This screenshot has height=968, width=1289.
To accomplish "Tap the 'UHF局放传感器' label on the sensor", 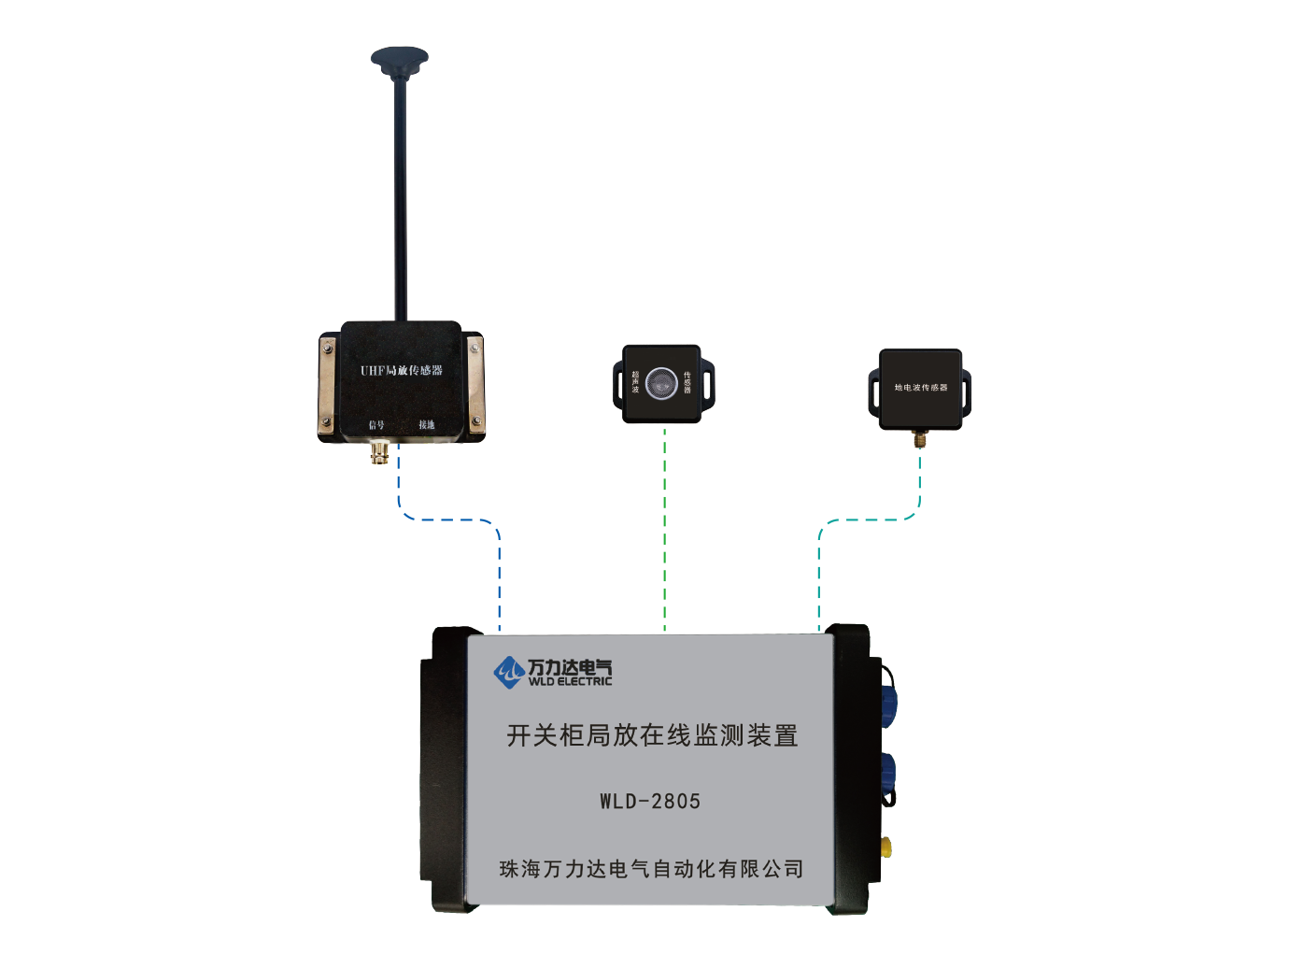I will tap(402, 371).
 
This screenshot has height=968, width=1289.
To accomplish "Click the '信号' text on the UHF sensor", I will tap(376, 425).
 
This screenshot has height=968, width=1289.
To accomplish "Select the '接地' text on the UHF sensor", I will tap(427, 425).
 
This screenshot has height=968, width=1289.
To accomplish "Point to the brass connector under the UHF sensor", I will tap(381, 453).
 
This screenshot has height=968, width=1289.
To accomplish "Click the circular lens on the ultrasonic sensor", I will tap(662, 381).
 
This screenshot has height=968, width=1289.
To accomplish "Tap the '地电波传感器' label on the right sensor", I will tap(920, 388).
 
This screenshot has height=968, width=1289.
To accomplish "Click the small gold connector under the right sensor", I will tap(919, 438).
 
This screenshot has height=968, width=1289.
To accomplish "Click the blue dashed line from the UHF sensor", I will tap(448, 520).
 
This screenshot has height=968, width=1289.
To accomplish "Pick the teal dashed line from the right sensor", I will tap(869, 520).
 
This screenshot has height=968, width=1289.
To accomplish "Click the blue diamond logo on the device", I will tap(508, 672).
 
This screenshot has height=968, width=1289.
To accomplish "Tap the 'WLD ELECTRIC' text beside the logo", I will tap(570, 681).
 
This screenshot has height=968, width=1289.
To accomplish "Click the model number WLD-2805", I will tap(650, 801).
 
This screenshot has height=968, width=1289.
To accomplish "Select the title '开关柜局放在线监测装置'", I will tap(652, 735).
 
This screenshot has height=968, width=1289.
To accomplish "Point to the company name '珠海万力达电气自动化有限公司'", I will tap(651, 869).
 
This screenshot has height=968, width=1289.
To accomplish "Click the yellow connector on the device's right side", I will tap(884, 847).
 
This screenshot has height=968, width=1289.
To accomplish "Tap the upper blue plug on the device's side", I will tap(885, 697).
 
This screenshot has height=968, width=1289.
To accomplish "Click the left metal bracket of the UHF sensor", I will tap(328, 383).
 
